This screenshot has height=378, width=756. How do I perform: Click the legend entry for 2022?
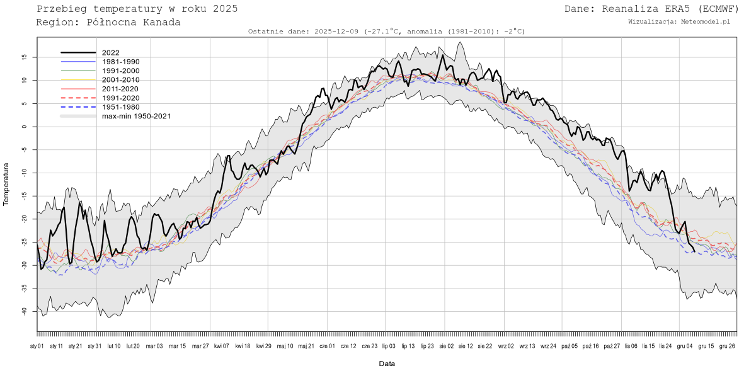pyautogui.click(x=110, y=53)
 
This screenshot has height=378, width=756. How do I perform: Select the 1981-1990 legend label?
pyautogui.click(x=120, y=62)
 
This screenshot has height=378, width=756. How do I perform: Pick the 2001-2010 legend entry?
pyautogui.click(x=120, y=80)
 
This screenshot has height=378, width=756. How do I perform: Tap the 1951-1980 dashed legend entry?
pyautogui.click(x=120, y=107)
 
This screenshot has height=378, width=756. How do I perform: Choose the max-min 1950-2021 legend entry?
pyautogui.click(x=136, y=116)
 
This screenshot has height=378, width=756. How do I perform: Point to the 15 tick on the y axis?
pyautogui.click(x=24, y=57)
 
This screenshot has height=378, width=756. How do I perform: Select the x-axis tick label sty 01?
pyautogui.click(x=37, y=346)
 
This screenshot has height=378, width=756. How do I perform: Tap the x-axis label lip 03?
pyautogui.click(x=388, y=346)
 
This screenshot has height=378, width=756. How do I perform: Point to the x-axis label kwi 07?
pyautogui.click(x=222, y=346)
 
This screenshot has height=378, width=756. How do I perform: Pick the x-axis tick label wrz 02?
pyautogui.click(x=507, y=346)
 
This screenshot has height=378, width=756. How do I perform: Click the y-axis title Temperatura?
pyautogui.click(x=7, y=184)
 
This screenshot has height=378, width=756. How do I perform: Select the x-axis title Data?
pyautogui.click(x=387, y=364)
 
